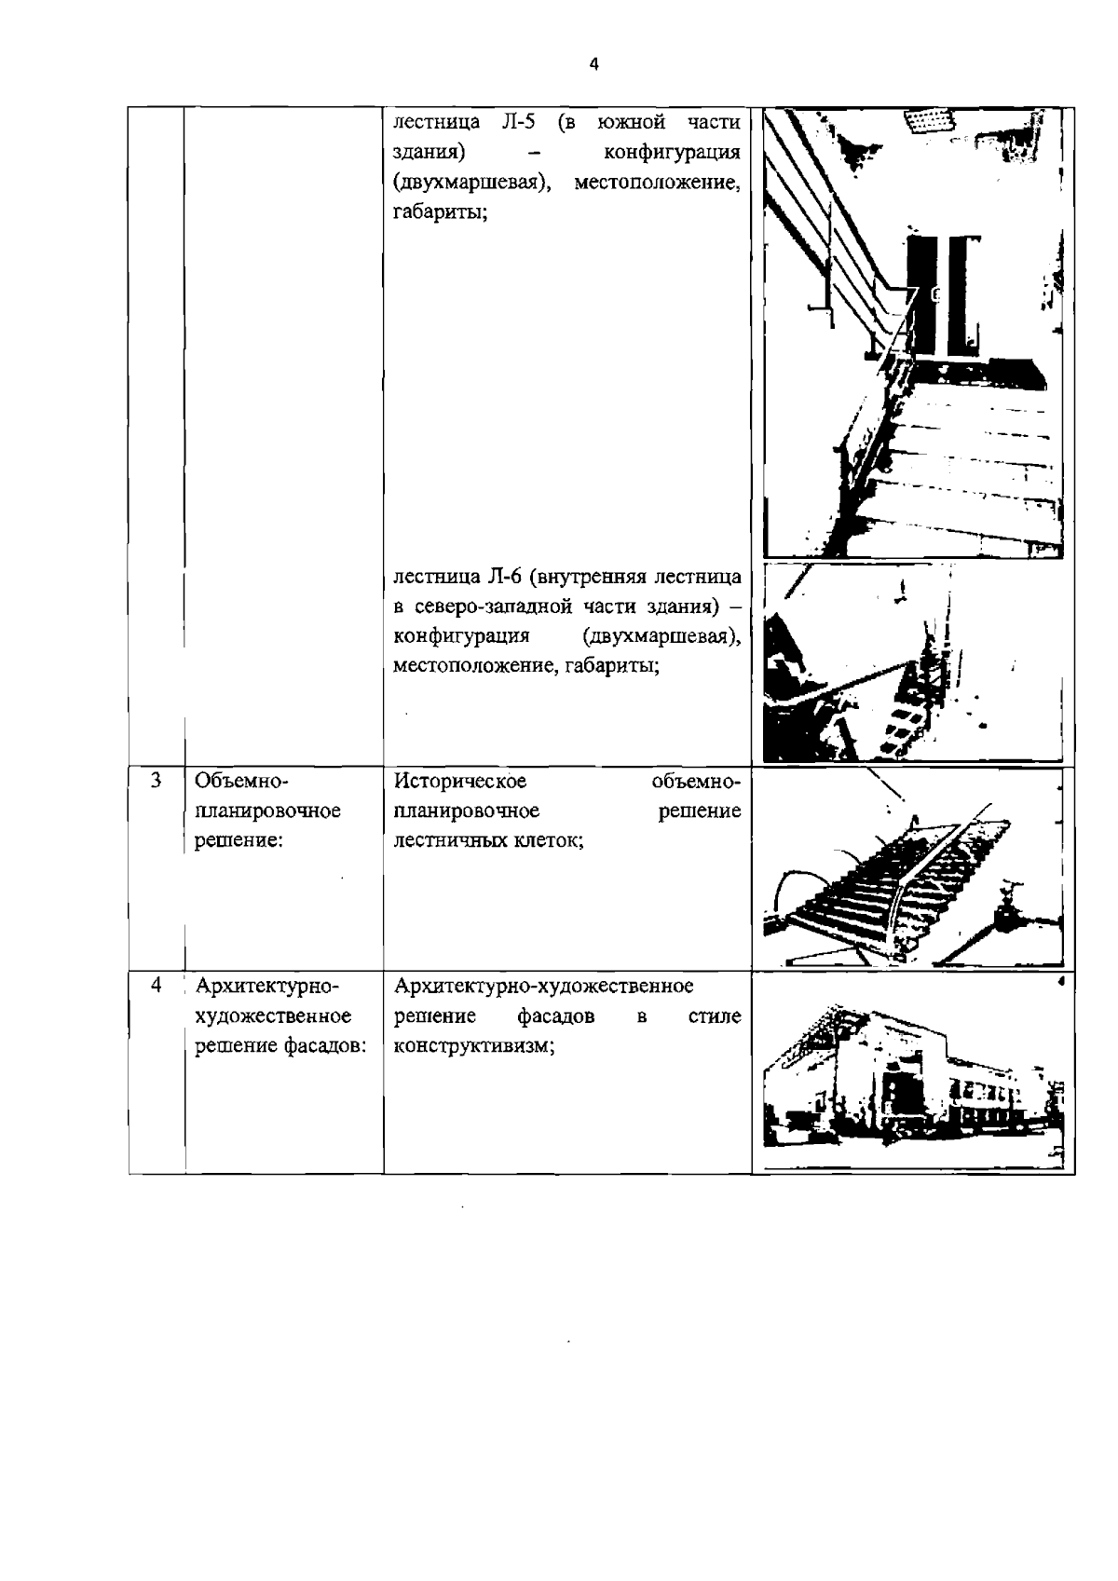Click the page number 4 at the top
593,64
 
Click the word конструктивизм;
474,1046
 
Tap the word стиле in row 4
715,1016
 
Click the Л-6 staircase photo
912,661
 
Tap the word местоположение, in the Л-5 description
657,183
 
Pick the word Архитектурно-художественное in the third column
543,987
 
